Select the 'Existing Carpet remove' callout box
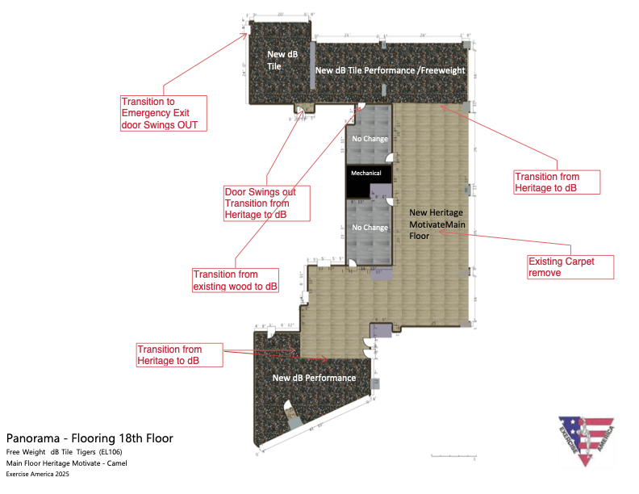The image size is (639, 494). coord(570,267)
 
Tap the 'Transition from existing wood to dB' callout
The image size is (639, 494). coord(235,280)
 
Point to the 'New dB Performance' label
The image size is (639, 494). coord(314,378)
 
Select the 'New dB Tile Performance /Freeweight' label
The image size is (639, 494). coord(390,71)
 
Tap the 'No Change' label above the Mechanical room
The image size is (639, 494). coord(369,139)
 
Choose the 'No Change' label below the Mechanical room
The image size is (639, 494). coord(369,228)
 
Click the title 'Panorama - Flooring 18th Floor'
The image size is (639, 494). coord(90,438)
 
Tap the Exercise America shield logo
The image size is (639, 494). coord(587,440)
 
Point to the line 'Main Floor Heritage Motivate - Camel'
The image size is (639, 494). coord(67,463)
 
